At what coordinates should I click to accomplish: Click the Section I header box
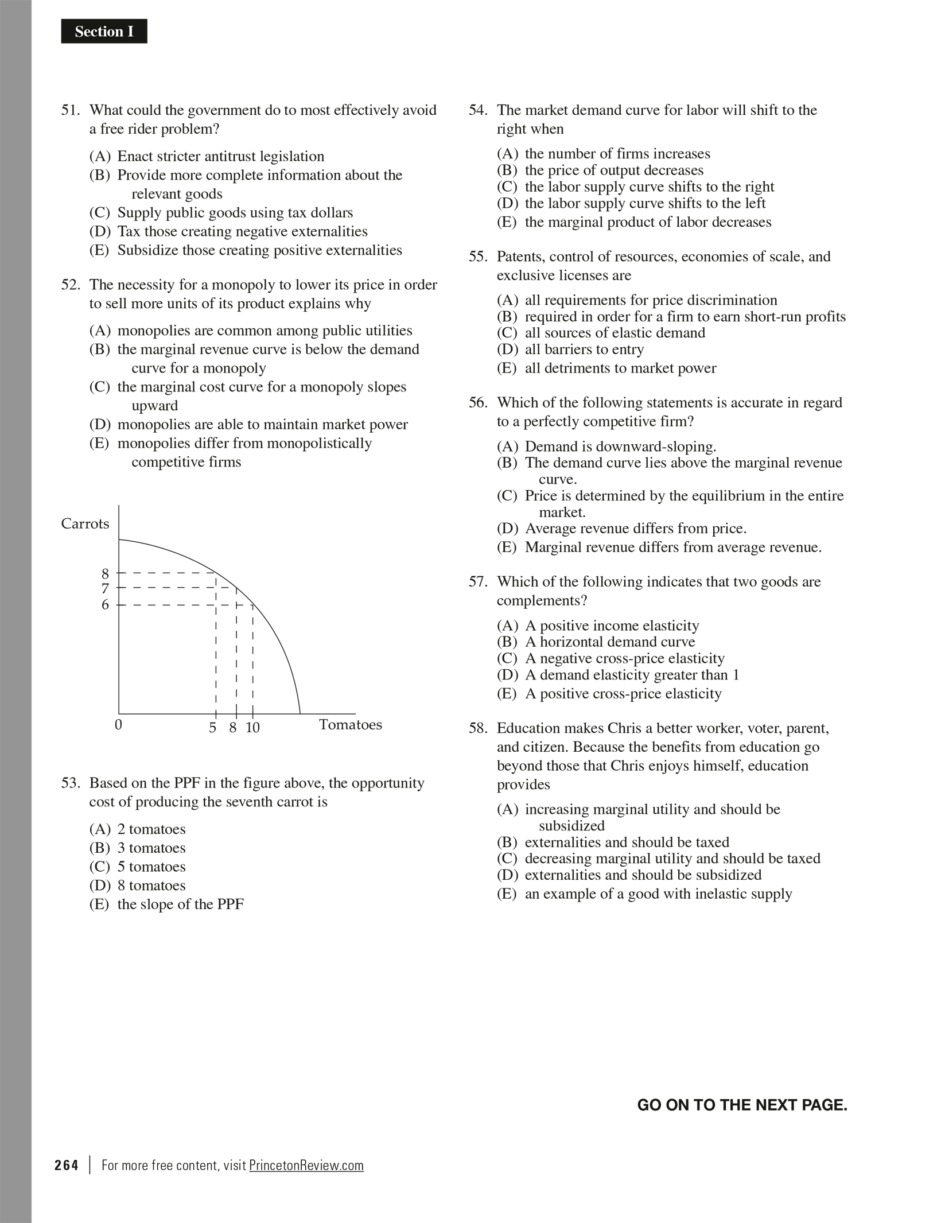pyautogui.click(x=104, y=32)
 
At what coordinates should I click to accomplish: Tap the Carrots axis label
pyautogui.click(x=85, y=523)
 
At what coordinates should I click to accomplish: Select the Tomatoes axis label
pyautogui.click(x=350, y=725)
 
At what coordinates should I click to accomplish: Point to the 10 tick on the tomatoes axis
pyautogui.click(x=252, y=728)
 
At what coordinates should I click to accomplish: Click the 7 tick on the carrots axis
pyautogui.click(x=105, y=589)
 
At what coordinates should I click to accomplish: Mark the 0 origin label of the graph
pyautogui.click(x=118, y=725)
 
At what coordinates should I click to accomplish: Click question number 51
pyautogui.click(x=72, y=110)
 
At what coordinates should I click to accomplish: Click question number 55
pyautogui.click(x=478, y=257)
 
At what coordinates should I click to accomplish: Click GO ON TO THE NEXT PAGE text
pyautogui.click(x=742, y=1105)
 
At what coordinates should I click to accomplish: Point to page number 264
pyautogui.click(x=67, y=1166)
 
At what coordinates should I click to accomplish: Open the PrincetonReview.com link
pyautogui.click(x=306, y=1166)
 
